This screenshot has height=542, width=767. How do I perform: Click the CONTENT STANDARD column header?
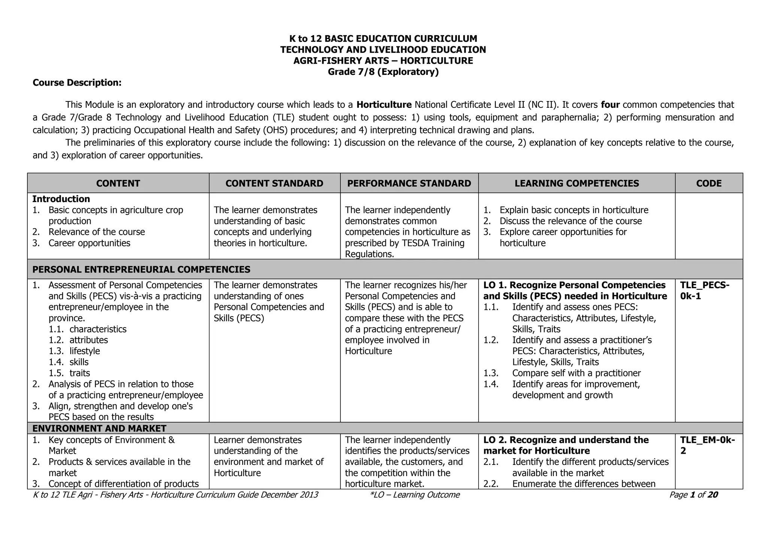tap(274, 183)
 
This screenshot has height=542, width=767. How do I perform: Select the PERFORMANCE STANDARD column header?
tap(409, 183)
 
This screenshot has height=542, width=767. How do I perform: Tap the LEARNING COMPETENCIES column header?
tap(576, 183)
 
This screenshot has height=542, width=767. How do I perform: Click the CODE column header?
tap(709, 183)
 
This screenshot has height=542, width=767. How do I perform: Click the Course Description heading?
tap(77, 82)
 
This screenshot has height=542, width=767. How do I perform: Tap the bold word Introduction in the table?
tap(61, 199)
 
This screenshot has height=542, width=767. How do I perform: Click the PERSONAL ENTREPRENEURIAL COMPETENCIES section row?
tap(141, 269)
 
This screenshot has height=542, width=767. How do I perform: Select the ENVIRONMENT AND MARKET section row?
tap(99, 428)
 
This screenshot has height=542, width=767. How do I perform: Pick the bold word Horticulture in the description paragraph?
tap(384, 104)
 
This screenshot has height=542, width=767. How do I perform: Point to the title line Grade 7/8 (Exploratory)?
tap(383, 71)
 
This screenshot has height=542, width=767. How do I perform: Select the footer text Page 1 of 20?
tap(693, 495)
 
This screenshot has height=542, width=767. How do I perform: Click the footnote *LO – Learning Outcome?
tap(414, 495)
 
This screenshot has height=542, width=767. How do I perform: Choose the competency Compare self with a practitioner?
tap(576, 373)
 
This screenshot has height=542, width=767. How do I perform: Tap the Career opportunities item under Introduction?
tap(89, 243)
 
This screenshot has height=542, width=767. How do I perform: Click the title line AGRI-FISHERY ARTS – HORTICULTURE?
tap(383, 61)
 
